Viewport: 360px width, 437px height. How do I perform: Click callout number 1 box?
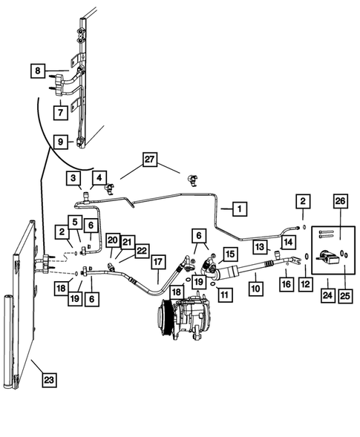239,209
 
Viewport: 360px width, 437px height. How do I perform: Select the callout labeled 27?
150,160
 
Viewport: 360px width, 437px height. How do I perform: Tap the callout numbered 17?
158,262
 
